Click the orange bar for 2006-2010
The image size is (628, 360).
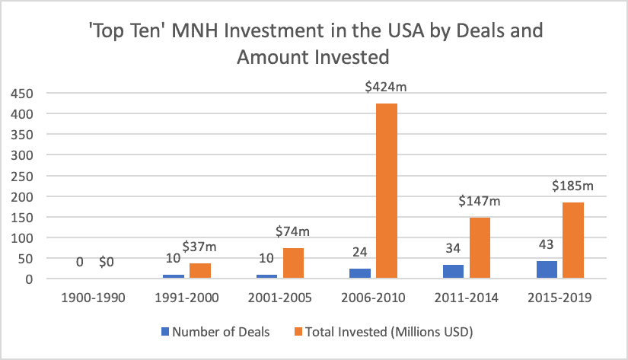click(386, 191)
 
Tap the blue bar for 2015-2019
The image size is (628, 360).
click(546, 270)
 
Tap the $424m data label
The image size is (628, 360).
click(386, 88)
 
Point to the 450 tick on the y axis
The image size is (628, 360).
click(22, 93)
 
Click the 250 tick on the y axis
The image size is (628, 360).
click(22, 176)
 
